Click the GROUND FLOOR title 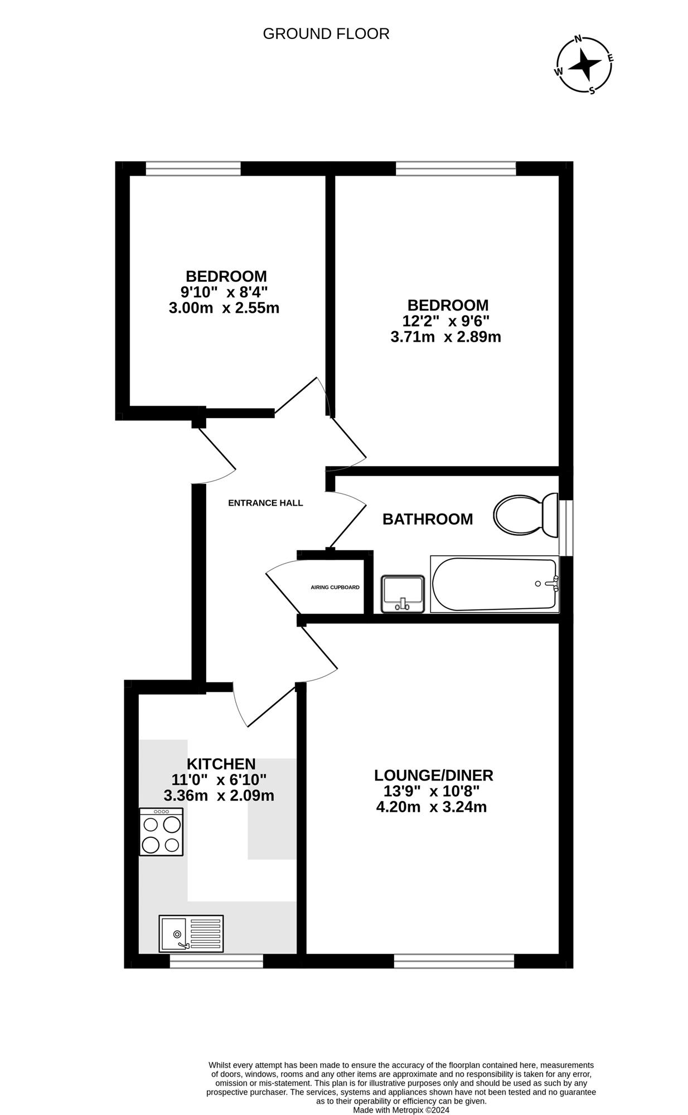(x=326, y=34)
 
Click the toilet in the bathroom (x=526, y=515)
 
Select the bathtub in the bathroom (x=495, y=584)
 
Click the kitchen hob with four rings (x=161, y=832)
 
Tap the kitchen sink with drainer (x=191, y=933)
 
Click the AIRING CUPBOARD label (x=335, y=588)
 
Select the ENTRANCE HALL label (x=265, y=503)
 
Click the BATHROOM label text (x=428, y=519)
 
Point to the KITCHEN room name (x=221, y=764)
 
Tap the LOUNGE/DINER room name (x=434, y=775)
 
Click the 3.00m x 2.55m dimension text (x=224, y=308)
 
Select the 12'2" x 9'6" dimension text (x=446, y=321)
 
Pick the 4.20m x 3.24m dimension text (x=432, y=807)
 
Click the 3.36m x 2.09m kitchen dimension (x=219, y=796)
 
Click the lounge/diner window (x=454, y=961)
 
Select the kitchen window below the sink (x=216, y=961)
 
